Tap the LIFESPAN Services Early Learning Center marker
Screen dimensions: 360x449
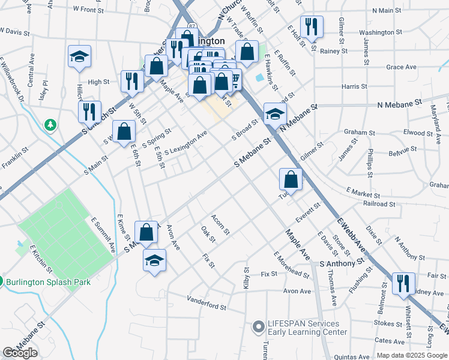(259, 327)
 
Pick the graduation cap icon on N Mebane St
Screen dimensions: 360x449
(275, 113)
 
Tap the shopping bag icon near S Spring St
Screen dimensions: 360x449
(124, 131)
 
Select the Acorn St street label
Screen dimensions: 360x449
(220, 224)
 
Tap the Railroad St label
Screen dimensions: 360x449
(379, 204)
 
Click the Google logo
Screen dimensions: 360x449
(20, 353)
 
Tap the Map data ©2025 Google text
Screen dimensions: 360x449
(412, 355)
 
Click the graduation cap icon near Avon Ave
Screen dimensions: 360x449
(155, 260)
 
